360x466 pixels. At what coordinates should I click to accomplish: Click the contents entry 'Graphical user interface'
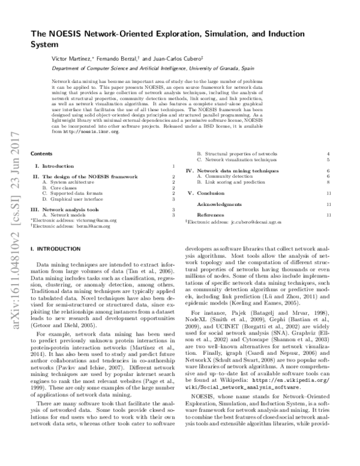click(70, 198)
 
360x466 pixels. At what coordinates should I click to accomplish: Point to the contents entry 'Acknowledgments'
click(219, 204)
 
